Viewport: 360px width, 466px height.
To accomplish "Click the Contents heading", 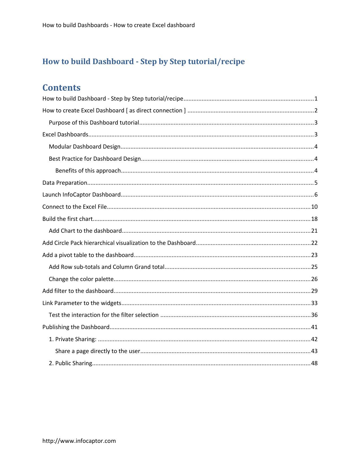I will [61, 88].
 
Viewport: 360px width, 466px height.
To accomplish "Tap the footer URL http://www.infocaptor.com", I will [79, 441].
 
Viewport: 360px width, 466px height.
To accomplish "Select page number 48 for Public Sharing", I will [314, 363].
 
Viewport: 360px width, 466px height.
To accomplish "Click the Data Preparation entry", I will [65, 183].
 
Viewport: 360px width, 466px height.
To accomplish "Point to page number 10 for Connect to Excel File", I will [314, 207].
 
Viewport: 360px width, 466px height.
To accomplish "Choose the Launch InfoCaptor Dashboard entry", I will [81, 195].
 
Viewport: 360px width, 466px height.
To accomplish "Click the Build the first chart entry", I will [67, 219].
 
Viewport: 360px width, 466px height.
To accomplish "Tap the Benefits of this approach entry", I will [88, 171].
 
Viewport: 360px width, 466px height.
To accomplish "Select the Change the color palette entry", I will [81, 279].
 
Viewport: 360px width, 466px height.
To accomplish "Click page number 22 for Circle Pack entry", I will [314, 243].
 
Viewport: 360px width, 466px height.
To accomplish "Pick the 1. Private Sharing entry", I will [73, 339].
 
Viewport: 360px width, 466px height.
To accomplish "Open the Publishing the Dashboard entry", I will [76, 327].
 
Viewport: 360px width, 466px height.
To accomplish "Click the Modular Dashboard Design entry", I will [84, 147].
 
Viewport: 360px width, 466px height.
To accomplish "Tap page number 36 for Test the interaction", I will [314, 315].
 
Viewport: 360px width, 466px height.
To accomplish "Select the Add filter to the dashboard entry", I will [78, 291].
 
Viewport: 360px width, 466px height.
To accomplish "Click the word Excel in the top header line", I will [159, 25].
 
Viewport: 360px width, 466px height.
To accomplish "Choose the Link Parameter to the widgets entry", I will [82, 303].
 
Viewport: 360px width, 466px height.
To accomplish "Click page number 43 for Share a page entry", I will [314, 351].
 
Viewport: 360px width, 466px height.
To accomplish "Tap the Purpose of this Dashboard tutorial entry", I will [94, 123].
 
